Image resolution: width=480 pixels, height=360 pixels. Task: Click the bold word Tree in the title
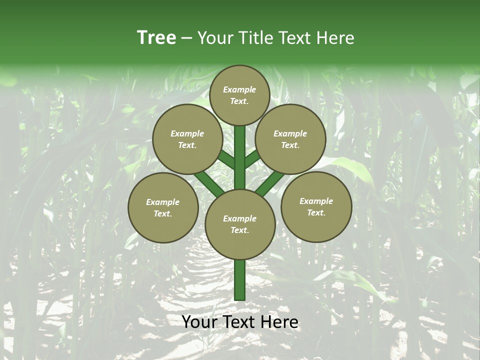coord(156,37)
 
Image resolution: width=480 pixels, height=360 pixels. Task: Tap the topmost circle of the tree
coord(239,95)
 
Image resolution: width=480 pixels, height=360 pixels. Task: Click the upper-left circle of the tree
coord(187,139)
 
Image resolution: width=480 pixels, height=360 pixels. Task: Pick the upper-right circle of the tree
coord(290,139)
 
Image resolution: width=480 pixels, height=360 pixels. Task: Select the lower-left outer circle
coord(163,207)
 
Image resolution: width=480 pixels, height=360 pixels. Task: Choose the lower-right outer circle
coord(316,206)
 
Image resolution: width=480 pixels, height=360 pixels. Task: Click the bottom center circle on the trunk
coord(239,224)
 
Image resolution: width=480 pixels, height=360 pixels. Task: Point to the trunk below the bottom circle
coord(239,280)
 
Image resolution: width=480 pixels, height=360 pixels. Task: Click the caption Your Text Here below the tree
coord(239,322)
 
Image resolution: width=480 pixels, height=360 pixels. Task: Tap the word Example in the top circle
coord(239,90)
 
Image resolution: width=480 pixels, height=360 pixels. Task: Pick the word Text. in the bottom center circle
coord(239,230)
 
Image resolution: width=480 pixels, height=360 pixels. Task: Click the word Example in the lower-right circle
coord(316,201)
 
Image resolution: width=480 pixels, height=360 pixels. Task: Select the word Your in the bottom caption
coord(200,322)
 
